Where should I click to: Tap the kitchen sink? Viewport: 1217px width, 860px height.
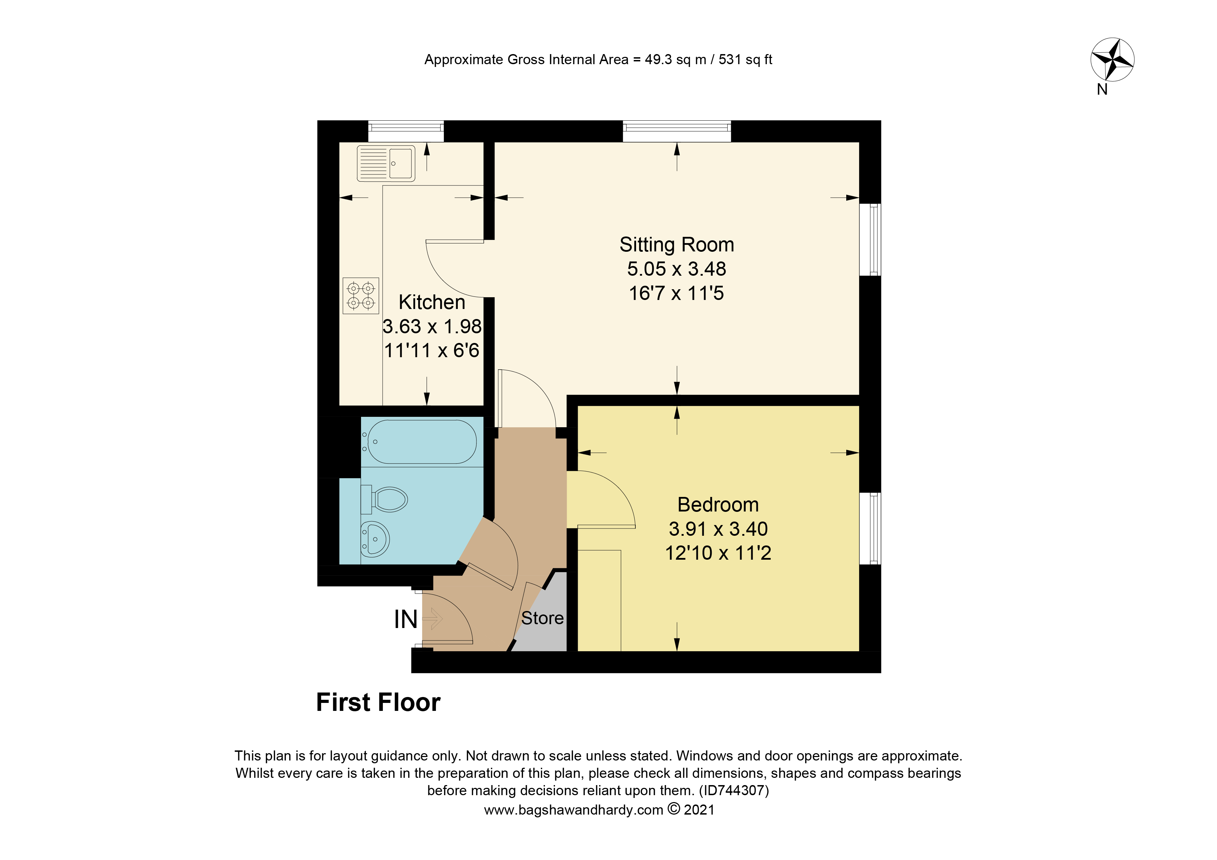pos(386,163)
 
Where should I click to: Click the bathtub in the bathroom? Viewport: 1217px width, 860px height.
pos(421,442)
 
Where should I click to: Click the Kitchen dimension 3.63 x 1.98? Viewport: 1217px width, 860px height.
pos(432,326)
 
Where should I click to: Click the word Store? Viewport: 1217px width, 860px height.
pos(542,618)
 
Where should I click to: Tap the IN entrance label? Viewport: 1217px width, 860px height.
pos(405,619)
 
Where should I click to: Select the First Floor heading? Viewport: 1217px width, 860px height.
pos(378,703)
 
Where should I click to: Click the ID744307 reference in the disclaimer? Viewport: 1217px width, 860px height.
pos(734,791)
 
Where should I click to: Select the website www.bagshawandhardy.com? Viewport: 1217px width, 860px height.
pos(574,810)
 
